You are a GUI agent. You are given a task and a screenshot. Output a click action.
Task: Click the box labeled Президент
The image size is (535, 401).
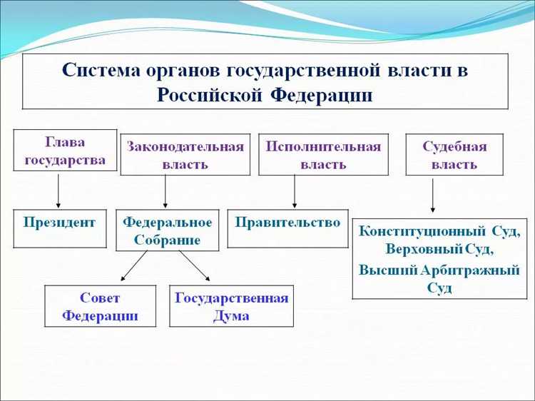pyautogui.click(x=59, y=228)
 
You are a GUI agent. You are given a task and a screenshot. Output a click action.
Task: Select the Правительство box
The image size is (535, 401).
pyautogui.click(x=288, y=228)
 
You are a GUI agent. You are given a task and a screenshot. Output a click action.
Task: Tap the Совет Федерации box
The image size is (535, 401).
pyautogui.click(x=100, y=306)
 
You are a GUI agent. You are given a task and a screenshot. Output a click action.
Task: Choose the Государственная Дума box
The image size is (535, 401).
pyautogui.click(x=231, y=306)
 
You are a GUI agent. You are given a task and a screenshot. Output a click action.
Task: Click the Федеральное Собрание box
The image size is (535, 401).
pyautogui.click(x=168, y=230)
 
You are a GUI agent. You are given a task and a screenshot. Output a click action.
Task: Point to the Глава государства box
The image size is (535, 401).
pyautogui.click(x=65, y=150)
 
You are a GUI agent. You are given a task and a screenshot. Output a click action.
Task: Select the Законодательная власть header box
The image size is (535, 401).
pyautogui.click(x=185, y=154)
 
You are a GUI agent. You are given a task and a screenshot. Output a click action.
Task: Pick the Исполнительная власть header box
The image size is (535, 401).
pyautogui.click(x=323, y=154)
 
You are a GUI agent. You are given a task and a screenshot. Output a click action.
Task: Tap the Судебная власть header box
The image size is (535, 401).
pyautogui.click(x=454, y=154)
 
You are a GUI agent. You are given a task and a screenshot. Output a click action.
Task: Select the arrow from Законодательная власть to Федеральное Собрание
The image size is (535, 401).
pyautogui.click(x=165, y=192)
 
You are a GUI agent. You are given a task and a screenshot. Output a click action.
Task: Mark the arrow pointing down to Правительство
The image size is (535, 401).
pyautogui.click(x=295, y=192)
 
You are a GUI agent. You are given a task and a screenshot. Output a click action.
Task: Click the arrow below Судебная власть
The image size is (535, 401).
pyautogui.click(x=433, y=196)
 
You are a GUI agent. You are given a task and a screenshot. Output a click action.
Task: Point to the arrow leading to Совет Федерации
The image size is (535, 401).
pyautogui.click(x=133, y=267)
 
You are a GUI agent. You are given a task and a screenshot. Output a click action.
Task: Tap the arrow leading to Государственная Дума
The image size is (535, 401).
pyautogui.click(x=194, y=267)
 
